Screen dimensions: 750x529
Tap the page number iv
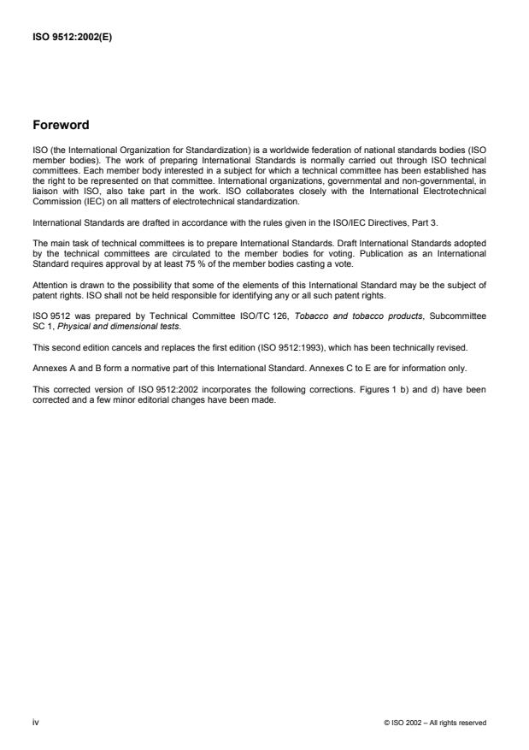tap(35, 722)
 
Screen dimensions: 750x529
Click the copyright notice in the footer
tap(436, 723)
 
